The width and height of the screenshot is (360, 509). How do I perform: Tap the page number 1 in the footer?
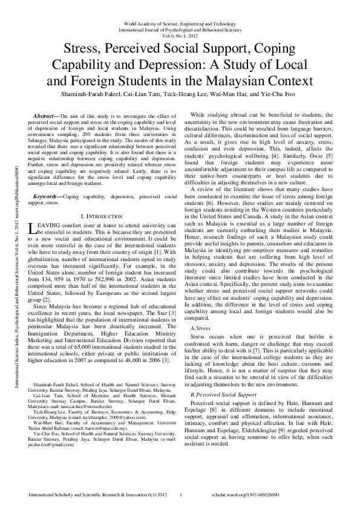point(182,496)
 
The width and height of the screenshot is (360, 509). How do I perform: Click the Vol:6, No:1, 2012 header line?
point(180,35)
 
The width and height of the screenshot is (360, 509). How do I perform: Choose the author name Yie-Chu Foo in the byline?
point(278,95)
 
